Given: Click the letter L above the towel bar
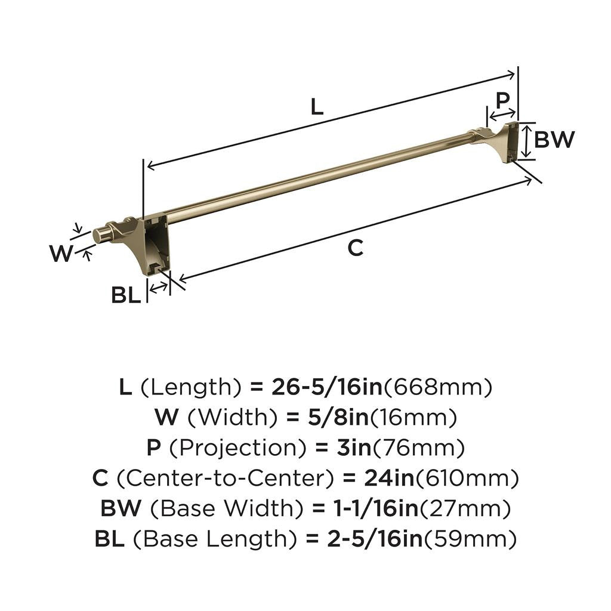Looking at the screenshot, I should tap(317, 107).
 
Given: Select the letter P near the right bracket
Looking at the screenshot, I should tap(503, 99).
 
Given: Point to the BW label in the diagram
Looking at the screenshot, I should tap(554, 140).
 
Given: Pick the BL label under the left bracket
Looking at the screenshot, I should tap(126, 295).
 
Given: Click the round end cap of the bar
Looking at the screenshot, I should tap(101, 235).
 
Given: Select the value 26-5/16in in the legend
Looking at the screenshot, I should tap(326, 388).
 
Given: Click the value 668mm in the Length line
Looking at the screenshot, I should tap(437, 388).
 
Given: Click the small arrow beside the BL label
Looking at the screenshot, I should tap(158, 288).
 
